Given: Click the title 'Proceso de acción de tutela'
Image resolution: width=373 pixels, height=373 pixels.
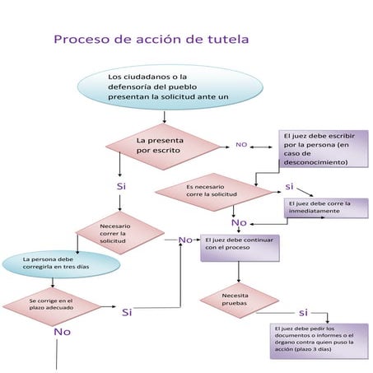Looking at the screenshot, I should coord(151,39).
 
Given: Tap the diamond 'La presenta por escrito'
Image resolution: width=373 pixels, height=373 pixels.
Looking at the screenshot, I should coord(166,146).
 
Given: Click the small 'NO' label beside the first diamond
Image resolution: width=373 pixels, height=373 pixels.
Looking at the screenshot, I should coord(241,145).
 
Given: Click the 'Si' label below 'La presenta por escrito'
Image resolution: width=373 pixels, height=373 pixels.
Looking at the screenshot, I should coord(121,187).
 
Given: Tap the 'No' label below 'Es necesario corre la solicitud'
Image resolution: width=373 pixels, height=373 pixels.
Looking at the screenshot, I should coord(239,222).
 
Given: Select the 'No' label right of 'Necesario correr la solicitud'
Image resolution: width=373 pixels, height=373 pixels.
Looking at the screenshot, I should coord(185,240).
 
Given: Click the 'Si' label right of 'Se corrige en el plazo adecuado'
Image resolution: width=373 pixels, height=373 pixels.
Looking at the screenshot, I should coord(127,312).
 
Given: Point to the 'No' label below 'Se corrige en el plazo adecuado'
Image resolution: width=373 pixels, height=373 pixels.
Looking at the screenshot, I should coord(62,331).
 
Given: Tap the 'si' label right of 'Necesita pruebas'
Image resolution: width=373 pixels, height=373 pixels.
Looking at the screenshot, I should coord(302,312).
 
